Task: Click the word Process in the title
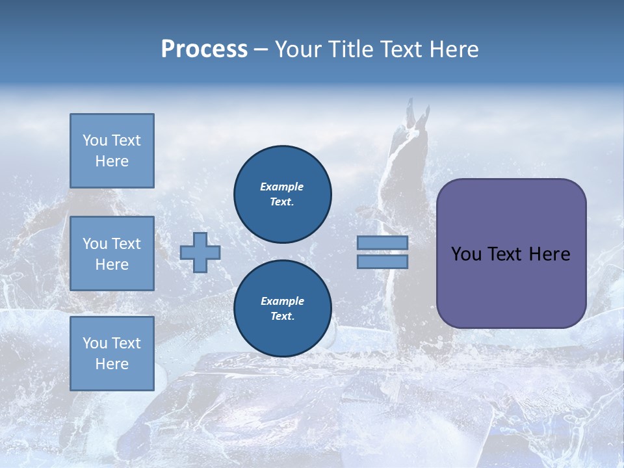204,49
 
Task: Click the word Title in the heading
351,49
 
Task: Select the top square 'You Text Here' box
112,151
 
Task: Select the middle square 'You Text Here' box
112,253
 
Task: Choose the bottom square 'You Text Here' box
112,354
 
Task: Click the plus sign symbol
200,252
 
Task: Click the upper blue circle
283,194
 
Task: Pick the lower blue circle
283,309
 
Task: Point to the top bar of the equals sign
382,243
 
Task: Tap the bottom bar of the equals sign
382,261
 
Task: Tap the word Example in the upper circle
282,187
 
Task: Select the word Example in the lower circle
282,301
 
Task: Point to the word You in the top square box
94,140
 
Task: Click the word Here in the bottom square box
112,364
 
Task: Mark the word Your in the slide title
296,49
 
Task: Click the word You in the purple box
466,254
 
